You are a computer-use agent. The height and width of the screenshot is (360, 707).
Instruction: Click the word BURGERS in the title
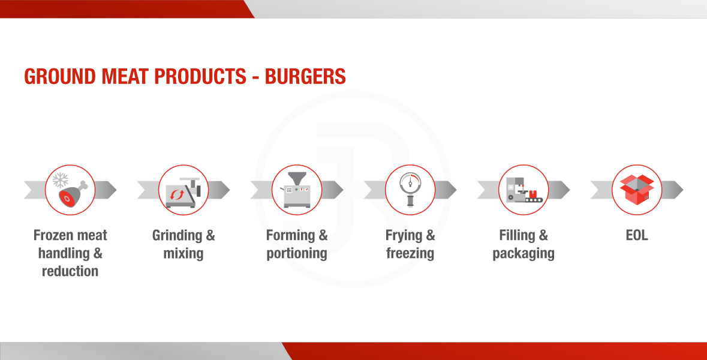tap(305, 76)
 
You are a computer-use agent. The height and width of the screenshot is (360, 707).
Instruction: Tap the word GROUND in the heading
tap(60, 76)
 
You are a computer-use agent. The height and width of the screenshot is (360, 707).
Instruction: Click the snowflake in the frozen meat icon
tap(61, 180)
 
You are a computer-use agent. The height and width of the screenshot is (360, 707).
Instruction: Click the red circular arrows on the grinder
tap(177, 194)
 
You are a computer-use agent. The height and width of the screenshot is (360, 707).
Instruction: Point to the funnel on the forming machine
tap(297, 179)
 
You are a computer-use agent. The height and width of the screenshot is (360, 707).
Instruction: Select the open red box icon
tap(637, 190)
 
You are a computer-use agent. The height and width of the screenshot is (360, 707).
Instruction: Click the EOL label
tap(637, 235)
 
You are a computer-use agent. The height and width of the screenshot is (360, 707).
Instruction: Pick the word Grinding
tap(177, 236)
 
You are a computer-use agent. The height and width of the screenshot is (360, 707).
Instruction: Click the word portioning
tap(297, 254)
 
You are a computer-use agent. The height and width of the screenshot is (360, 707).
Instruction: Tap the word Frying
tap(404, 236)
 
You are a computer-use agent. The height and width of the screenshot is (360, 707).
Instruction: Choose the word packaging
tap(524, 254)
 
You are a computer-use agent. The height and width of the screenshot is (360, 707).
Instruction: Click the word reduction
tap(70, 271)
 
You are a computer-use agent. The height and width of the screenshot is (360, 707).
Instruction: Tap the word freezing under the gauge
tap(410, 254)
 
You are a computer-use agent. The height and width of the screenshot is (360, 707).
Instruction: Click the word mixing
tap(183, 254)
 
